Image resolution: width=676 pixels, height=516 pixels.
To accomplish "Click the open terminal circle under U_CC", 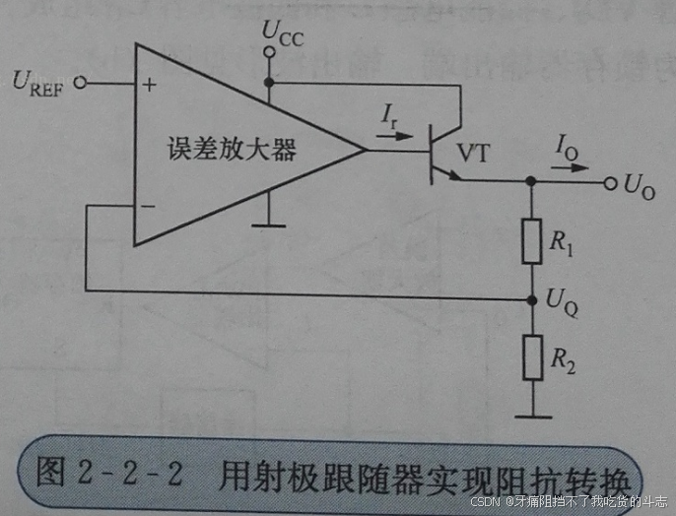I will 268,53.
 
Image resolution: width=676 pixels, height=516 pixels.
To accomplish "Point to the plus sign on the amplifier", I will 149,85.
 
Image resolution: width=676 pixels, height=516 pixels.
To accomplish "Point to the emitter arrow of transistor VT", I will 452,175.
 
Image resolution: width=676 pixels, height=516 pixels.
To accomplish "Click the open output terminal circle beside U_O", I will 610,183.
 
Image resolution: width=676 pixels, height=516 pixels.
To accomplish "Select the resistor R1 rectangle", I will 532,241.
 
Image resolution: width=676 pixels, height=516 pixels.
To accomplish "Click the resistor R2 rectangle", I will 532,356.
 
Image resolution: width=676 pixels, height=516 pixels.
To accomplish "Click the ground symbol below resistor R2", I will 532,415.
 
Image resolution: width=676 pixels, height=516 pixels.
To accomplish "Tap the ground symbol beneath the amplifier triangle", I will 262,226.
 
